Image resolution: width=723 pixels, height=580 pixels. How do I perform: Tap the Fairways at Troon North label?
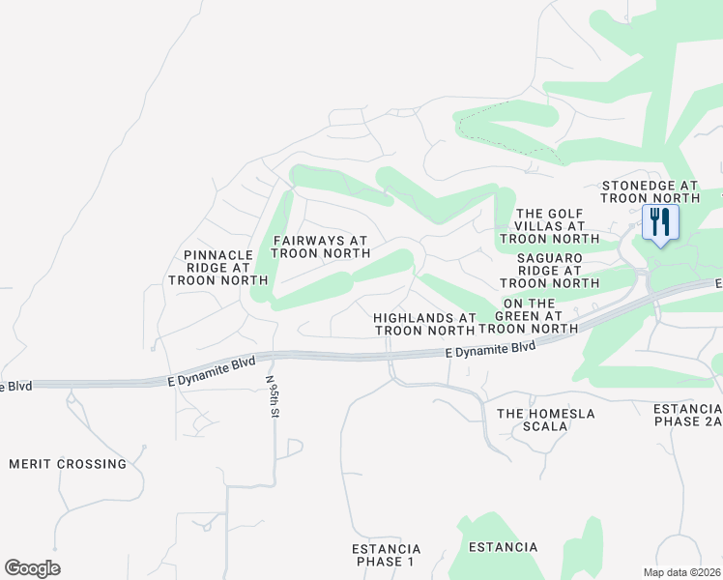coord(321,246)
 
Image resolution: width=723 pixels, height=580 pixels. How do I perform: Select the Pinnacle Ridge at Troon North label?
coord(217,268)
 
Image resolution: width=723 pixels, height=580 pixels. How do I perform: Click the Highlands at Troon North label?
coord(425,324)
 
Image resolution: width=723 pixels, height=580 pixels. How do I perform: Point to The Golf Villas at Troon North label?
coord(551,225)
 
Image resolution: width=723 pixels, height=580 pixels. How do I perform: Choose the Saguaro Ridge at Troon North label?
coord(549,271)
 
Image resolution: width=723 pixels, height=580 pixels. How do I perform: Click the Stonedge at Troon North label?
coord(650,190)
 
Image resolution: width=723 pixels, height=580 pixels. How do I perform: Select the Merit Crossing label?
coord(68,463)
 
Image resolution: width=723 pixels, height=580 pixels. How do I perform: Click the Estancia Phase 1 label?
coord(385,555)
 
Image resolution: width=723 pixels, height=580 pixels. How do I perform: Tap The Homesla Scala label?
coord(545,419)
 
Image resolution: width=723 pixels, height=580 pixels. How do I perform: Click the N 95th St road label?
coord(273,396)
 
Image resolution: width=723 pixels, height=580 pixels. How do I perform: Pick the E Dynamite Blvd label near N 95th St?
coord(212,371)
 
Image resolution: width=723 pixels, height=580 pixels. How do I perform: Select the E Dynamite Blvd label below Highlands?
coord(491,349)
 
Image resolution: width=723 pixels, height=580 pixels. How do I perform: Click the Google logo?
coord(32,568)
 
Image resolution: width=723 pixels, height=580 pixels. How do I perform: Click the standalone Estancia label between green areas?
coord(503,547)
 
